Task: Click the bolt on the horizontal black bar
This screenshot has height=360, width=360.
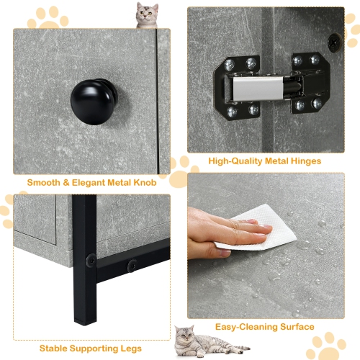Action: pos(132,266)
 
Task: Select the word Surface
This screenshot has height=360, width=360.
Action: pos(296,327)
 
